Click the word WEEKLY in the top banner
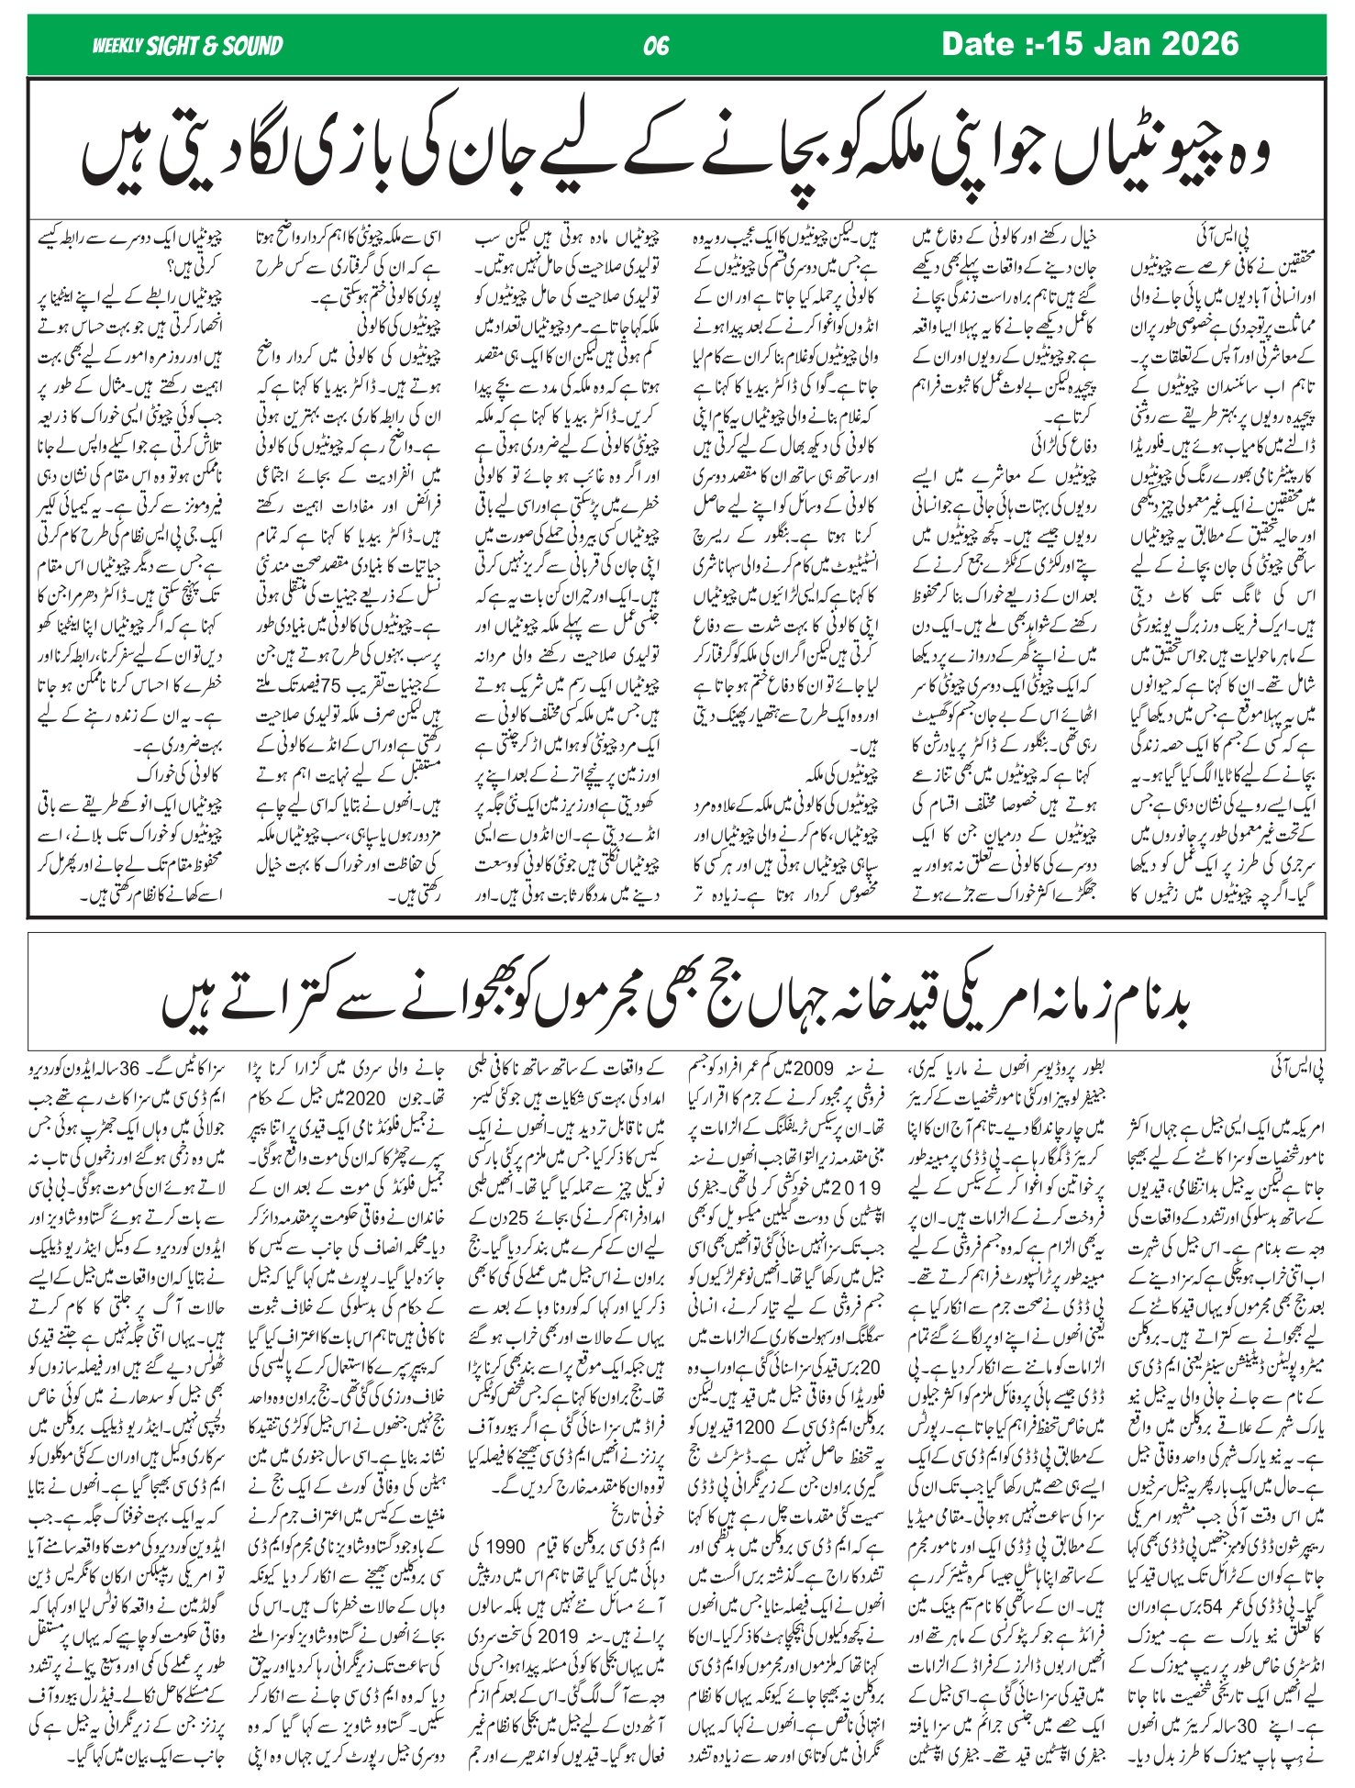click(x=117, y=46)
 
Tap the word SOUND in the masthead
click(x=248, y=46)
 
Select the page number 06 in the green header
click(x=657, y=46)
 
